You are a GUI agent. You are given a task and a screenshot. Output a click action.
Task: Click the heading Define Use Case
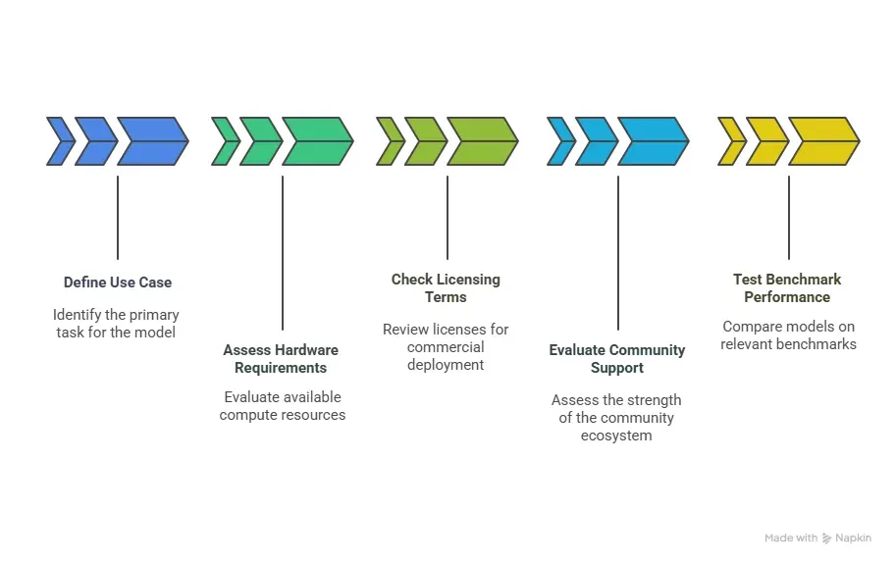tap(117, 282)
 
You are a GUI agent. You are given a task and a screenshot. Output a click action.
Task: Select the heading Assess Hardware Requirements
tap(281, 359)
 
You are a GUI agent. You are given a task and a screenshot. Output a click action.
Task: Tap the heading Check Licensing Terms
tap(446, 288)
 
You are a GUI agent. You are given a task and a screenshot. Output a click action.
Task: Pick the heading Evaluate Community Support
tap(617, 359)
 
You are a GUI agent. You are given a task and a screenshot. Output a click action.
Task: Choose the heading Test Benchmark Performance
tap(787, 288)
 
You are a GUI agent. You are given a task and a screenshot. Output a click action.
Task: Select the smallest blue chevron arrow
tap(60, 141)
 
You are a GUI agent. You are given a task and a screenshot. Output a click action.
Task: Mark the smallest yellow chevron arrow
tap(731, 141)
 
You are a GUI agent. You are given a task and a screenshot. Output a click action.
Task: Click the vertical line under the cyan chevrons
tap(617, 252)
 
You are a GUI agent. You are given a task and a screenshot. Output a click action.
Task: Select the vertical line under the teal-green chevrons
tap(282, 252)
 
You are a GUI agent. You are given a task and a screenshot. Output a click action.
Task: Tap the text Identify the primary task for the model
tap(116, 324)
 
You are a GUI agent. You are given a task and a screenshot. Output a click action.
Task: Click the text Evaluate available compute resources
tap(283, 406)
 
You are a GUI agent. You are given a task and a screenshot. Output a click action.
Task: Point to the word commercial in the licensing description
tap(446, 347)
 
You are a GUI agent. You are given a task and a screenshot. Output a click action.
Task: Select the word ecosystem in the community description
tap(616, 436)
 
